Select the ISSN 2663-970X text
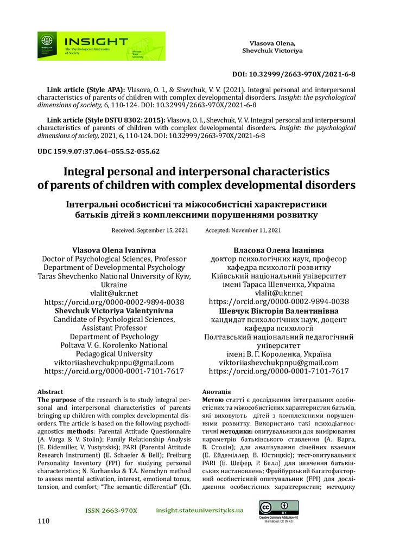point(111,511)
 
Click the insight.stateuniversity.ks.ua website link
point(199,511)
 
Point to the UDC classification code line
point(98,151)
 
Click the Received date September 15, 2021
point(150,230)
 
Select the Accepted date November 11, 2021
point(243,230)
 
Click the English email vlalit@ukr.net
point(113,293)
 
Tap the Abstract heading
point(50,391)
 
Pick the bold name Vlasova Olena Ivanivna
point(113,249)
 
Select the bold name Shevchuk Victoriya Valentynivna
point(113,311)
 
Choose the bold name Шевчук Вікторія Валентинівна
point(278,311)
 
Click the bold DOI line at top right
point(293,74)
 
